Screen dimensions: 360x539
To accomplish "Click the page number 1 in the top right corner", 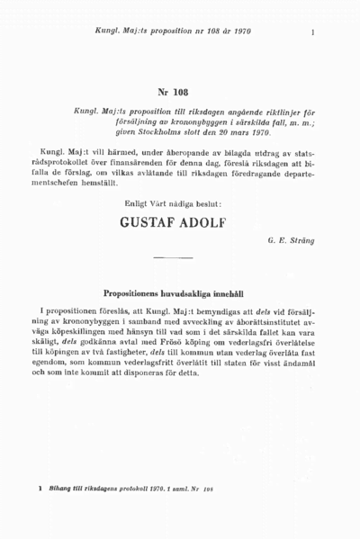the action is pyautogui.click(x=311, y=33).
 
